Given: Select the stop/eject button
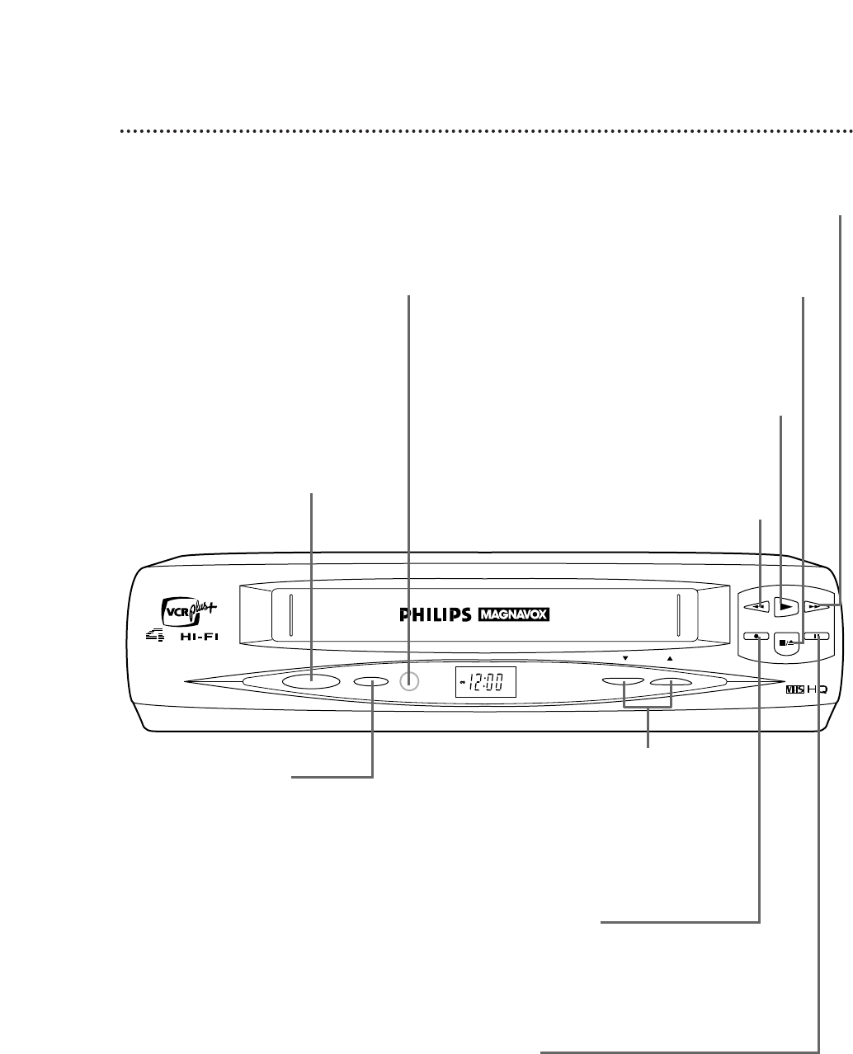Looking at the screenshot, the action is point(787,642).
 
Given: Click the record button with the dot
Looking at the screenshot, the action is point(757,637).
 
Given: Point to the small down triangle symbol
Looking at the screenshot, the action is point(625,659).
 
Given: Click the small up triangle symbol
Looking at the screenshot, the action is point(670,659).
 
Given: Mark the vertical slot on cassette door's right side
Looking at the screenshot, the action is point(676,614).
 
